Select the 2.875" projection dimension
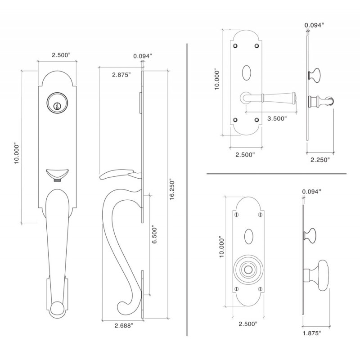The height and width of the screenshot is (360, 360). (121, 75)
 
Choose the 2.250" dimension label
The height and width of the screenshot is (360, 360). (320, 159)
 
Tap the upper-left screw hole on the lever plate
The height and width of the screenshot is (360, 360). (234, 46)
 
